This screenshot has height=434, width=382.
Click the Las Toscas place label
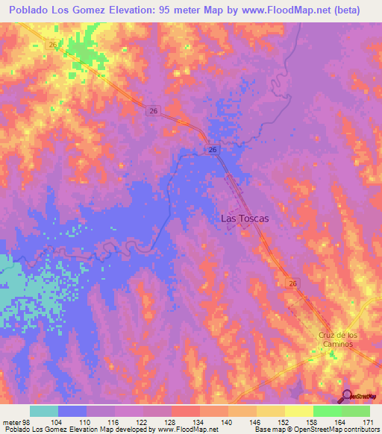point(244,218)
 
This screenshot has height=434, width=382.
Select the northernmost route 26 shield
point(53,44)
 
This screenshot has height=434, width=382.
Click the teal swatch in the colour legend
point(44,411)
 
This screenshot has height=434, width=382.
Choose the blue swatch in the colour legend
point(72,411)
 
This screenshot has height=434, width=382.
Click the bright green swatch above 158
point(327,411)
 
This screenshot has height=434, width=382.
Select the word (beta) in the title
point(344,10)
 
